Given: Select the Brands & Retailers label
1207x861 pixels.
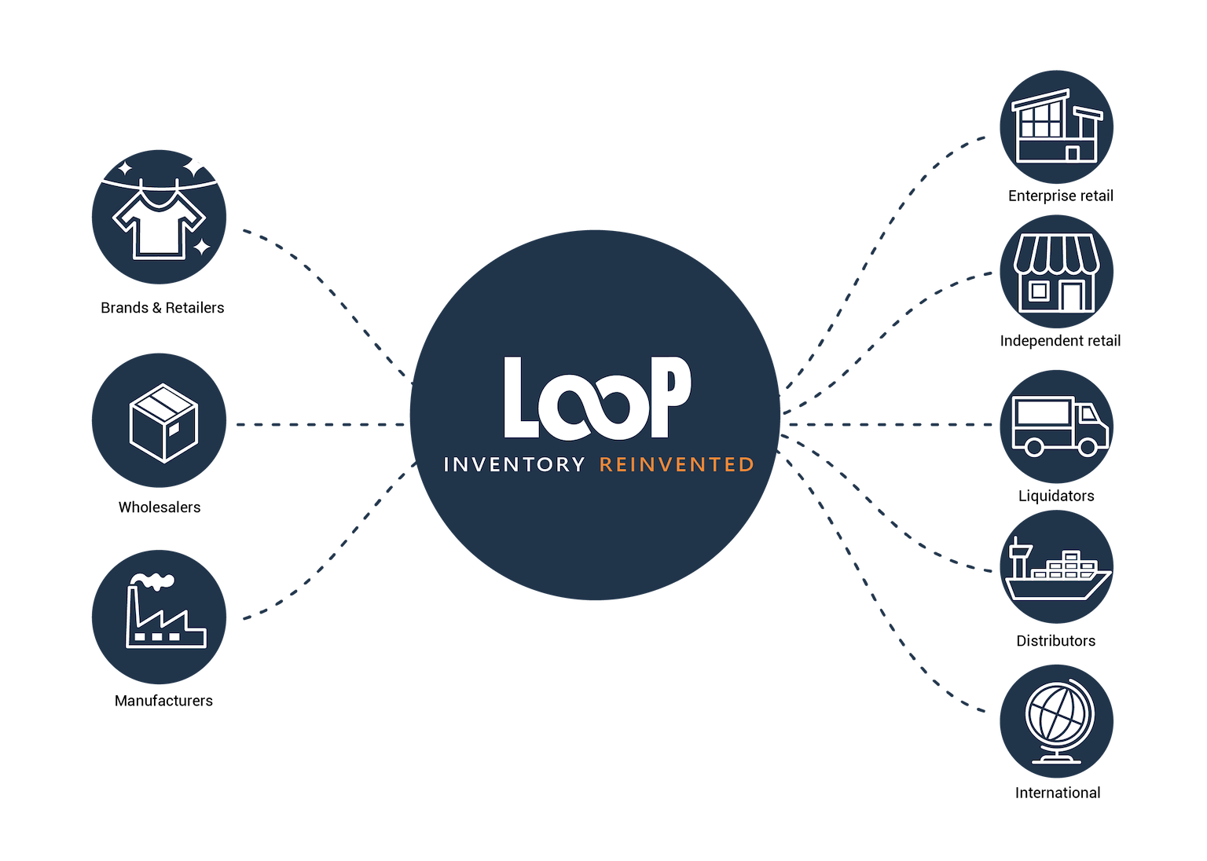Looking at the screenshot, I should click(x=163, y=308).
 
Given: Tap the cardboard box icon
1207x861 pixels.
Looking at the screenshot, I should click(x=163, y=423).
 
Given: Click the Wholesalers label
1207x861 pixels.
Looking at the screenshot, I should click(x=160, y=507).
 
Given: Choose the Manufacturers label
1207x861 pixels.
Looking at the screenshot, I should click(x=163, y=701).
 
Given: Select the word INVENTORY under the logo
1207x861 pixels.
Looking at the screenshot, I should click(x=514, y=465).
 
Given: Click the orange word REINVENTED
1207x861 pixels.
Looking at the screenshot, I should click(x=677, y=465).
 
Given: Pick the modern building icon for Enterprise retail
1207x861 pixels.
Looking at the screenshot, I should click(x=1056, y=127).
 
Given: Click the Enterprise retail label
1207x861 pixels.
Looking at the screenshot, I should click(x=1061, y=196).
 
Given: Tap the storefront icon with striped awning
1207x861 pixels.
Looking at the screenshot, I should click(x=1056, y=274).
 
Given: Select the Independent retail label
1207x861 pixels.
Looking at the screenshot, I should click(x=1060, y=341).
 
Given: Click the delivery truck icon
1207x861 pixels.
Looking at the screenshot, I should click(x=1059, y=427).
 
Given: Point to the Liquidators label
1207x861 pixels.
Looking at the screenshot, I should click(x=1056, y=496).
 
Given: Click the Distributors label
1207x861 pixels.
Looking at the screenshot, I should click(x=1055, y=641).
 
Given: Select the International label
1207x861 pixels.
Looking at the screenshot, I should click(x=1058, y=793).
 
